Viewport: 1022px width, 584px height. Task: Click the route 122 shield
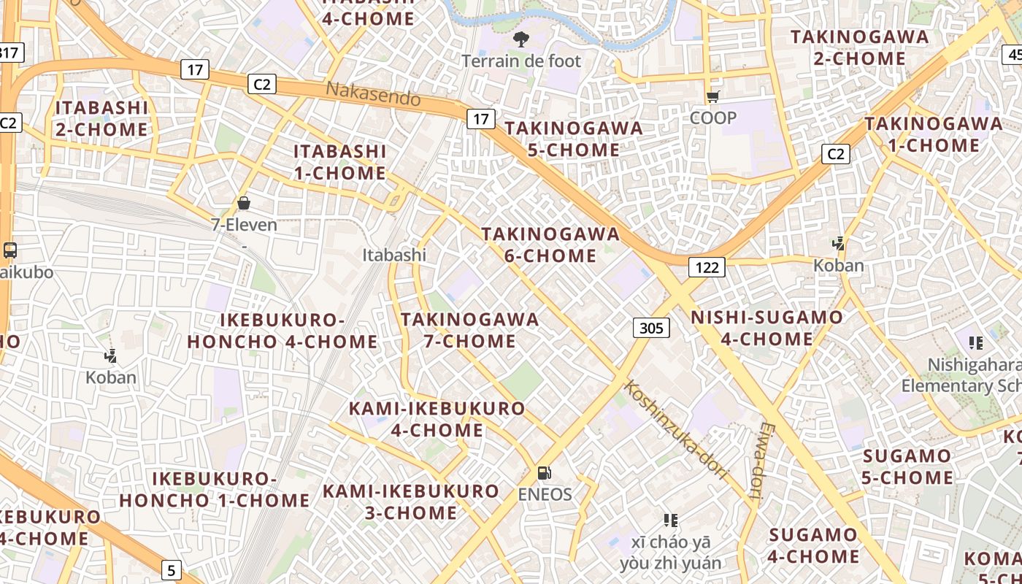(x=707, y=267)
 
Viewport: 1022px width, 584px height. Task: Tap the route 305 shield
(x=651, y=328)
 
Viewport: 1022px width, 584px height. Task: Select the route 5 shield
(x=171, y=570)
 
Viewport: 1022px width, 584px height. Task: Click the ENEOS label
(x=545, y=494)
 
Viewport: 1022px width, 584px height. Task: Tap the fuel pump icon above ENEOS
(x=544, y=473)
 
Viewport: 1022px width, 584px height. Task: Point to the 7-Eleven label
(x=245, y=225)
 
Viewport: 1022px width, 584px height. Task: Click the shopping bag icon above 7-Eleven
(x=244, y=203)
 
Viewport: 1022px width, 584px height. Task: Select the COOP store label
(x=713, y=118)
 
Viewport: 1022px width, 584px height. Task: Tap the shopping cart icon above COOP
(x=713, y=96)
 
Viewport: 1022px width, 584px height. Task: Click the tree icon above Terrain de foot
(x=520, y=39)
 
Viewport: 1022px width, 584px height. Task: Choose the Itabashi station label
(x=394, y=255)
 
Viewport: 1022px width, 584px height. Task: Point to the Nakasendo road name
(x=373, y=93)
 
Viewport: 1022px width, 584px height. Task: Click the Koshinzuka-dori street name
(x=677, y=430)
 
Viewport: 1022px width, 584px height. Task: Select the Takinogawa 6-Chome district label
(x=550, y=245)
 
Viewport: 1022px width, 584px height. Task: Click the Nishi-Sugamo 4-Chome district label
(x=766, y=328)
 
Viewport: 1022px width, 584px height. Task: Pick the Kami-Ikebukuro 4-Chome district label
(x=437, y=419)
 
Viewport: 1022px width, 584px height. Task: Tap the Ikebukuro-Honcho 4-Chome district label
(x=283, y=331)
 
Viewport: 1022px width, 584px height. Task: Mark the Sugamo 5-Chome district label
(x=907, y=467)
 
